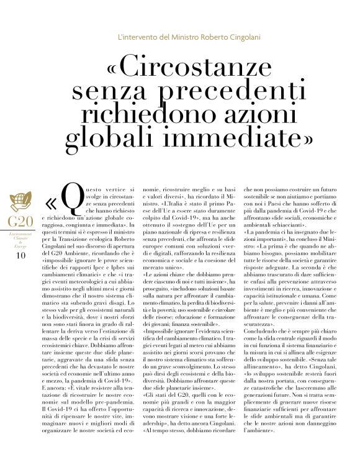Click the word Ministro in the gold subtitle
tap(179, 37)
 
